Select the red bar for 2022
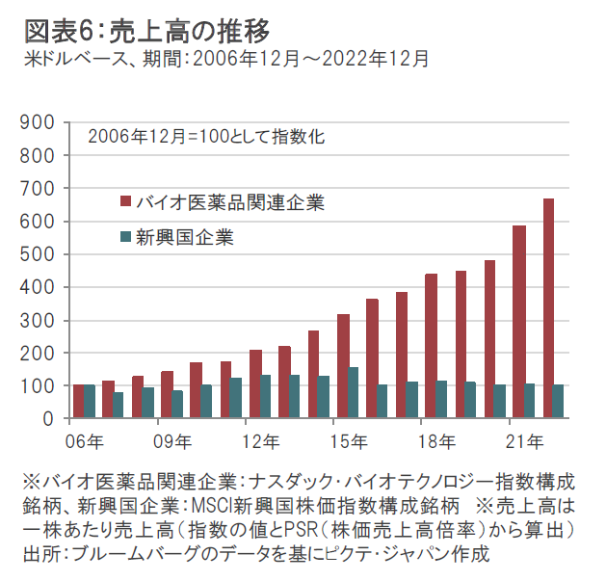click(548, 308)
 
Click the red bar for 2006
click(79, 402)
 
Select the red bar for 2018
click(431, 346)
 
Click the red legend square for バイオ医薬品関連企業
click(125, 201)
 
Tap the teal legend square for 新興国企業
click(125, 236)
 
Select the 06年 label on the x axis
click(85, 442)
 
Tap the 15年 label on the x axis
click(348, 442)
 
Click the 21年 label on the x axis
click(525, 442)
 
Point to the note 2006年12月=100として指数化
click(206, 136)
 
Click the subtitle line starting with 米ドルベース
click(225, 58)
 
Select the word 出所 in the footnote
click(39, 555)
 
